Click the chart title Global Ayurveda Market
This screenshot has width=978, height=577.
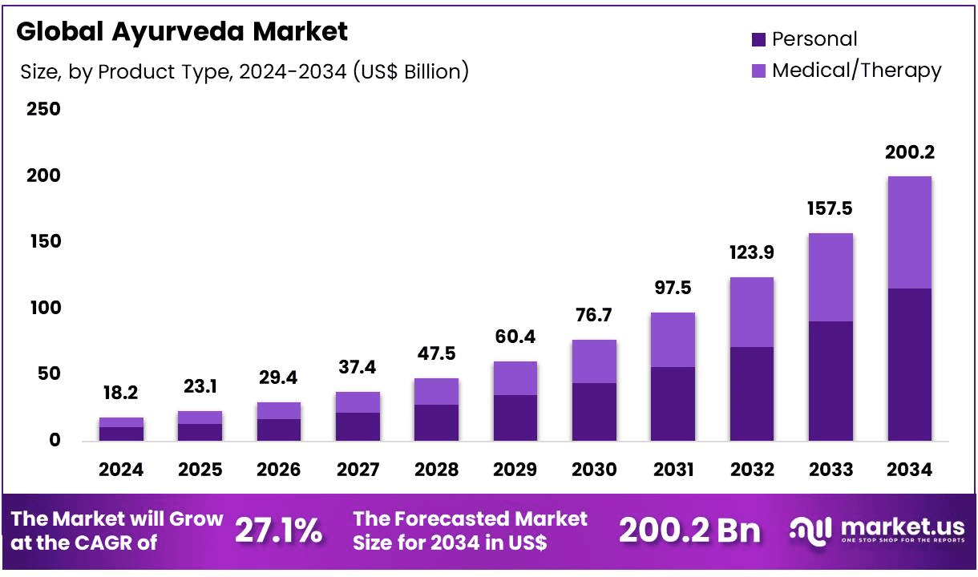[x=182, y=32]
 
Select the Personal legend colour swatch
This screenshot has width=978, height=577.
[x=758, y=39]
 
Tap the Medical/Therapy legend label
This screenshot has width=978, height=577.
[x=856, y=71]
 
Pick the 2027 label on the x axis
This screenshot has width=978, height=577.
[x=358, y=470]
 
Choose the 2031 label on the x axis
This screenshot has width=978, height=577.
[x=673, y=470]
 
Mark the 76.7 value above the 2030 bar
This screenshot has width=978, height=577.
[x=593, y=316]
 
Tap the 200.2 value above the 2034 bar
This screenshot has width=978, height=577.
[x=909, y=152]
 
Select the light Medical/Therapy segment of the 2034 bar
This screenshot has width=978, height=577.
[x=909, y=232]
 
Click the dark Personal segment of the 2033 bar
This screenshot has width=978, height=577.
[x=830, y=381]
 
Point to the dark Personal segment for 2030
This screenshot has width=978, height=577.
[x=594, y=411]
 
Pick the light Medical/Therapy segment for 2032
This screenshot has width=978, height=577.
[x=751, y=312]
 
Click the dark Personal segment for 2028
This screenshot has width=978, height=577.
[x=436, y=422]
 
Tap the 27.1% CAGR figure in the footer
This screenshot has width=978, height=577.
[x=278, y=531]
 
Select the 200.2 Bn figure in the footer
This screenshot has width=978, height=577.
[x=689, y=531]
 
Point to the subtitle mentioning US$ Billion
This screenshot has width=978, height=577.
[x=244, y=71]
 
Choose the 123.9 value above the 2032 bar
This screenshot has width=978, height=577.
[x=751, y=253]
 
